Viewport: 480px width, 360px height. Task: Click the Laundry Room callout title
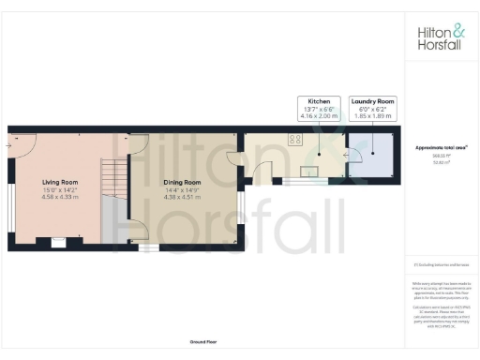tap(372, 99)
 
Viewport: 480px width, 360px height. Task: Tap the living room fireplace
tap(59, 242)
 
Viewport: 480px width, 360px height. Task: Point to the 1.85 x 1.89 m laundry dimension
tap(372, 115)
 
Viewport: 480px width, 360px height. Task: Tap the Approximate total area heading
tap(442, 148)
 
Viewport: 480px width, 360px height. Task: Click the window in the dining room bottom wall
tap(145, 248)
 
